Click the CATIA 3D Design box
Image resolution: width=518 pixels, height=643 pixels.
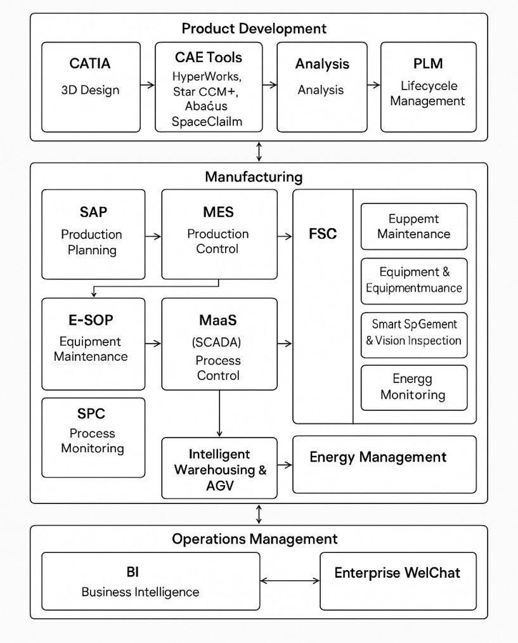[91, 87]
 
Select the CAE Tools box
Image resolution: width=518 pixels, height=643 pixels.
[209, 87]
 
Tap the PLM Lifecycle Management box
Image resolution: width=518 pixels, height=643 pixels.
[428, 87]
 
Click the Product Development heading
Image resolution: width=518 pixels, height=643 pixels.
[254, 29]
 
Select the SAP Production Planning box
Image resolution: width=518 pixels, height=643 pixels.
[93, 234]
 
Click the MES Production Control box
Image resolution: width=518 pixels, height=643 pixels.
[219, 234]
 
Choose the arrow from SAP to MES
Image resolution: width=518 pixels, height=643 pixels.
[153, 236]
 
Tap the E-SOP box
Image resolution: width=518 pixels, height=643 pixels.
[93, 344]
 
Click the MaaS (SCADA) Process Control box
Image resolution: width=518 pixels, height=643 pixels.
[219, 344]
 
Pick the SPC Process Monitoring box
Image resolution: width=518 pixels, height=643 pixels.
[93, 437]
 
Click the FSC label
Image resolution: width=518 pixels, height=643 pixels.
[323, 233]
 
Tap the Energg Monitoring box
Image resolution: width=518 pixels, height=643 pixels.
[413, 387]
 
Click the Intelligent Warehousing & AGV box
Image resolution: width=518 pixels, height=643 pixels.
[219, 468]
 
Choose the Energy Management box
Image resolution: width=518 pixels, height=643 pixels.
[384, 464]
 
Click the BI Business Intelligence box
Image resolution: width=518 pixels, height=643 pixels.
[150, 581]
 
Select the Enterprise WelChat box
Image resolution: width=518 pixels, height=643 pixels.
[398, 581]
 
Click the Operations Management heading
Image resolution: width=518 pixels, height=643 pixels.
[255, 539]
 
